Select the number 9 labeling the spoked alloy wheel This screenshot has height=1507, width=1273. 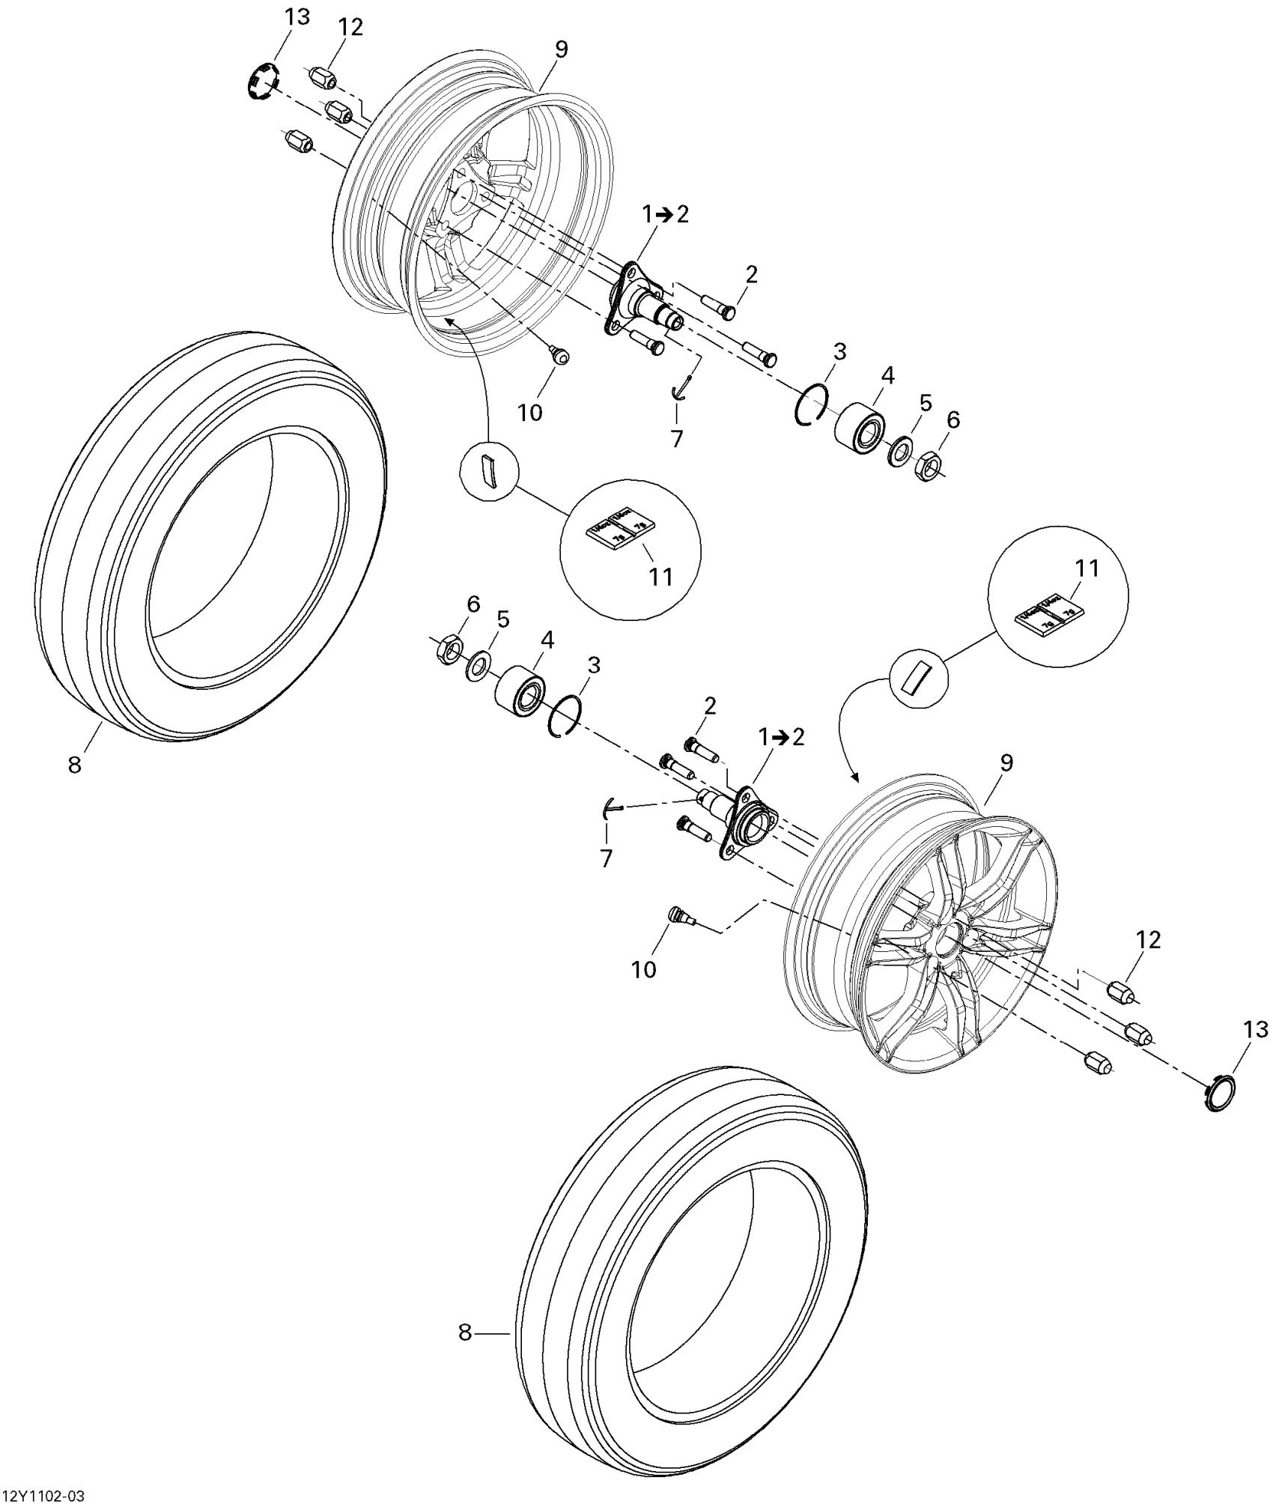[1006, 763]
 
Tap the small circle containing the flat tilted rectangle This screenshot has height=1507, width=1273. [918, 676]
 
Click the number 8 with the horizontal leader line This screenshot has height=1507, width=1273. [465, 1333]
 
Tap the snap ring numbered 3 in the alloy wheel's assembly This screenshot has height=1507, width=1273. [565, 717]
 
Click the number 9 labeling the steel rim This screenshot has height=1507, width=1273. [561, 49]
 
